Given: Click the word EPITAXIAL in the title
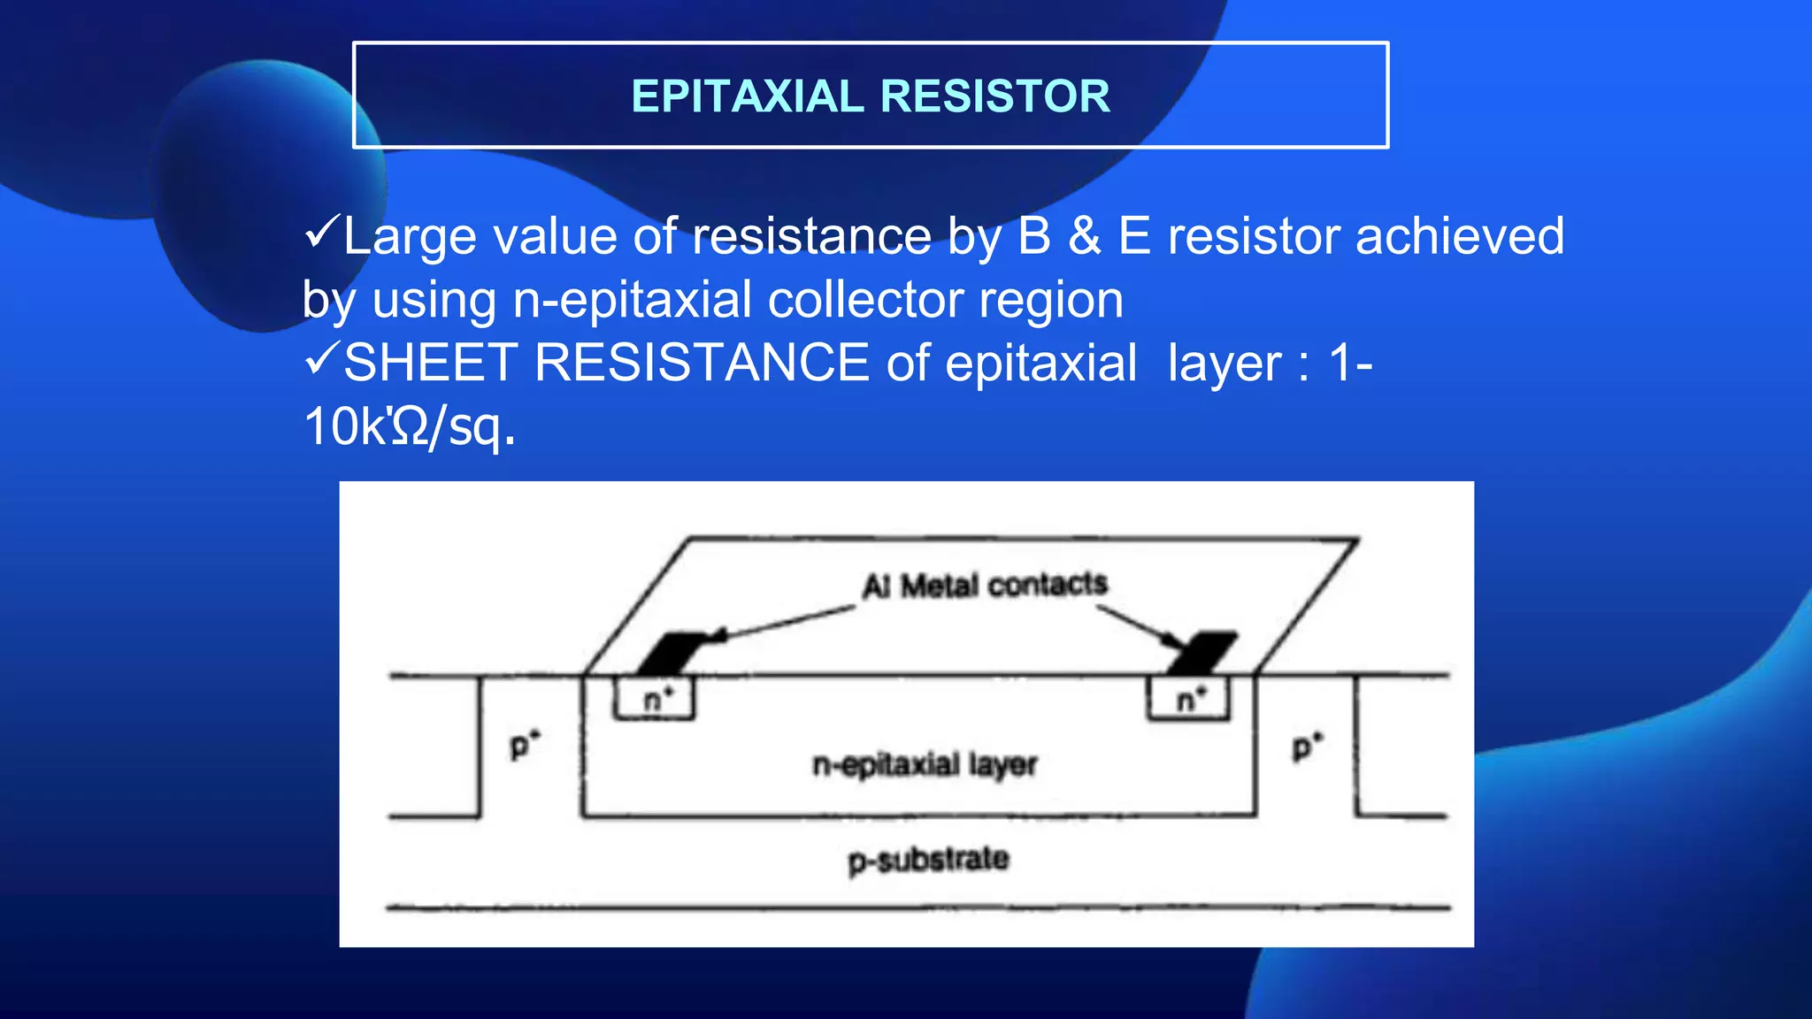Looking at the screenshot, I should click(x=747, y=96).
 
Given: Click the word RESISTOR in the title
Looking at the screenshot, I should click(x=995, y=96).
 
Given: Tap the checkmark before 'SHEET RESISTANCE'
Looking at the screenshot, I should click(x=320, y=359).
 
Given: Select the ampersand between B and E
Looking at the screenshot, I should click(x=1085, y=236).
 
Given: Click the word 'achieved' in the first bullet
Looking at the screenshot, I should click(x=1460, y=236).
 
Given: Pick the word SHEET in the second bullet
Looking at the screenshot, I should click(x=430, y=363).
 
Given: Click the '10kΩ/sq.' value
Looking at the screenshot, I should click(x=409, y=427).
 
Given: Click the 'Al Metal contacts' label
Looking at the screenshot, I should click(x=985, y=585).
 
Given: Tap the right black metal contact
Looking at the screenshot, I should click(x=1202, y=653).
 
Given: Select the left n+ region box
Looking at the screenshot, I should click(x=655, y=699).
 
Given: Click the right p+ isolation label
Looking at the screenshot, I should click(x=1306, y=746).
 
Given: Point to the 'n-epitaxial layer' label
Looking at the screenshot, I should click(x=925, y=764).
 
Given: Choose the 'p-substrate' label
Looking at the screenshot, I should click(x=928, y=860).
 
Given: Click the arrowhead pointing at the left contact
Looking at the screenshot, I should click(x=719, y=635).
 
